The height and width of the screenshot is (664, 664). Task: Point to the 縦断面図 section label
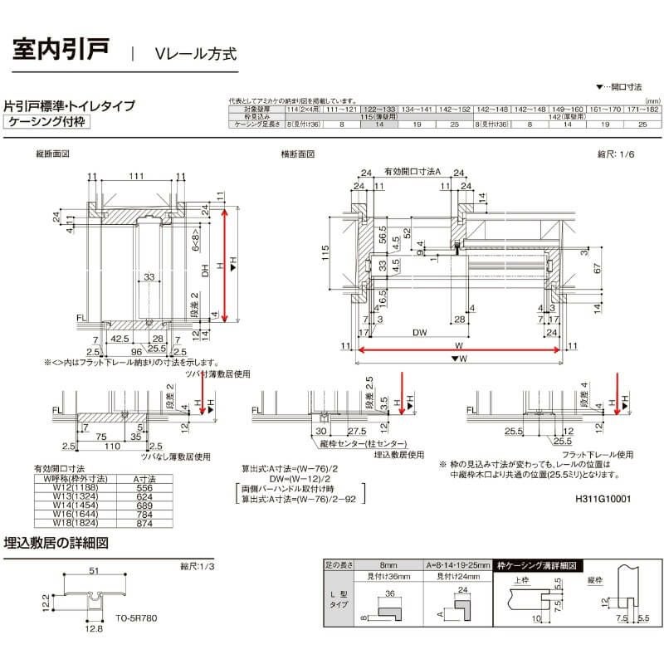(x=51, y=154)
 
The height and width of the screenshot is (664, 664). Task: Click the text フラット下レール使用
(x=590, y=454)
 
